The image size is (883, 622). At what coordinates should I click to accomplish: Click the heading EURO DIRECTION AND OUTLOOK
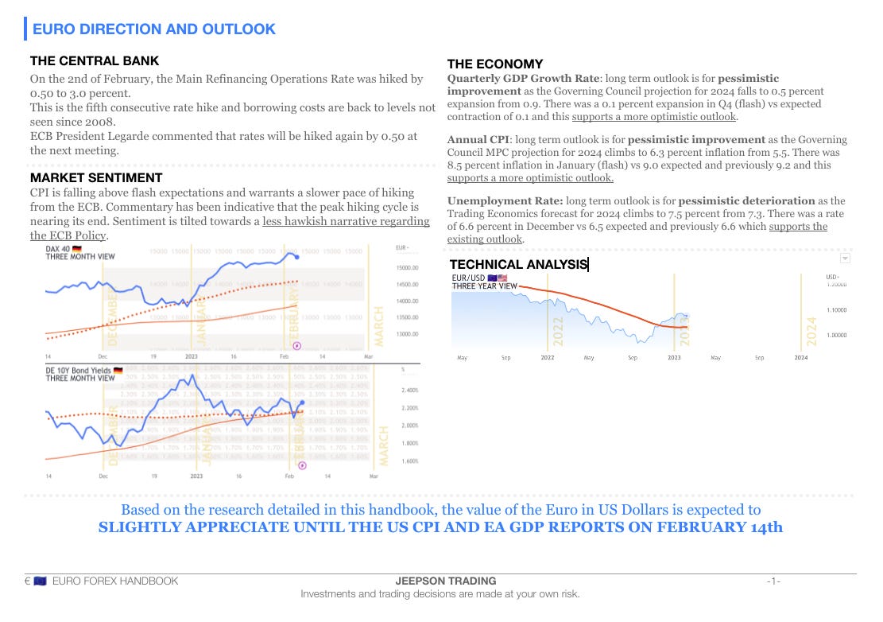tap(153, 29)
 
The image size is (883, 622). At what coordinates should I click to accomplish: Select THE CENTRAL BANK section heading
tap(95, 60)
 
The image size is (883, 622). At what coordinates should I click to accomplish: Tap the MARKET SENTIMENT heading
tap(96, 177)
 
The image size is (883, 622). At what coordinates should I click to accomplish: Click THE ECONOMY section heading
tap(495, 64)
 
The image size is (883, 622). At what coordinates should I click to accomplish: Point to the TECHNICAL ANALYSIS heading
tap(518, 264)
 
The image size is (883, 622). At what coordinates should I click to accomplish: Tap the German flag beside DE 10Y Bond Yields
tap(118, 371)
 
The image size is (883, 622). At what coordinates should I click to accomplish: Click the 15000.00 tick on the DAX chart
tap(407, 268)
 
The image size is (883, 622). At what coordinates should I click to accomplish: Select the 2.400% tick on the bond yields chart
tap(409, 391)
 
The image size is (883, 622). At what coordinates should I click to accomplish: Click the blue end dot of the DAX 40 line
tap(297, 257)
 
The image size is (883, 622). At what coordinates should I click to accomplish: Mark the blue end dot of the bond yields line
tap(302, 403)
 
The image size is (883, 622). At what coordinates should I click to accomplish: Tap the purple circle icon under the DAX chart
tap(297, 345)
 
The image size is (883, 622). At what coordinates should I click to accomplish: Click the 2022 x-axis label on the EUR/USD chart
tap(548, 358)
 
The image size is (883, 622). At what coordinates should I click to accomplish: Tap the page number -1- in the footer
tap(773, 581)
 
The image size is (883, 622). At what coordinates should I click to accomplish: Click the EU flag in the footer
tap(40, 581)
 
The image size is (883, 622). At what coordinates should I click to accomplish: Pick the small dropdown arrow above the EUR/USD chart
tap(845, 258)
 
